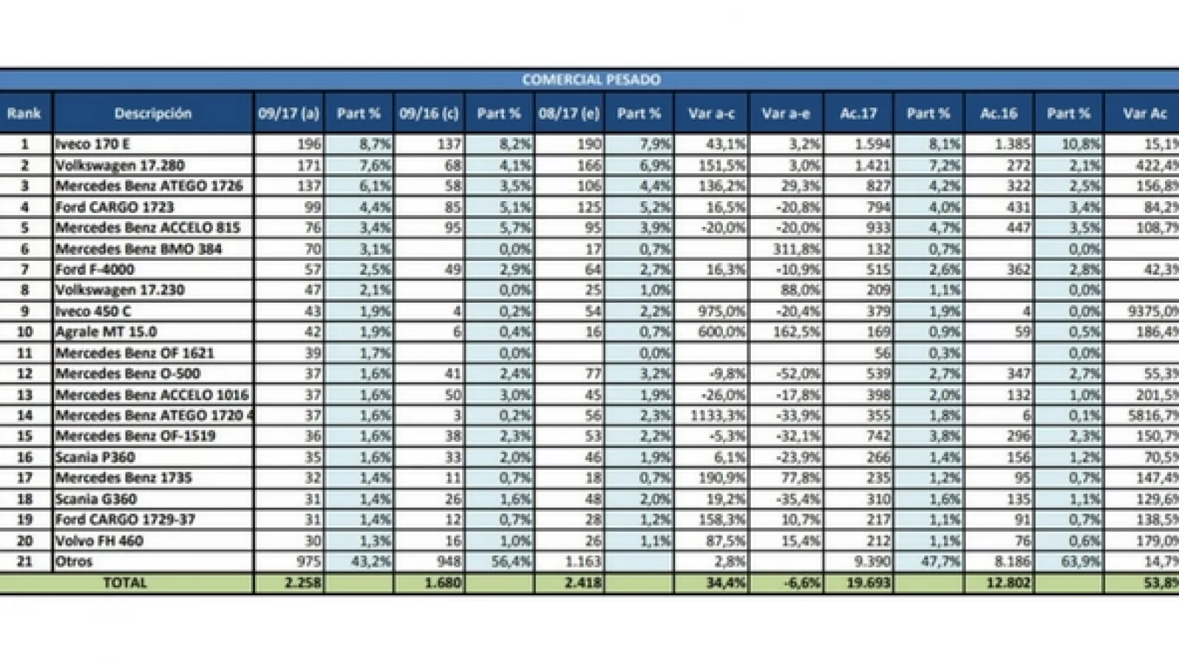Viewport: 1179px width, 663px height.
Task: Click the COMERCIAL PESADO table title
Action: [x=591, y=80]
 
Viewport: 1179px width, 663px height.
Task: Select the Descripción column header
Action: [x=153, y=113]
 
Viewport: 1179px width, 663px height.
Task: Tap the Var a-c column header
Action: [x=711, y=113]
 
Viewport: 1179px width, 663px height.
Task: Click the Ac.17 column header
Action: [x=858, y=113]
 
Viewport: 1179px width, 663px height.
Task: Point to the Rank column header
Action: [x=24, y=113]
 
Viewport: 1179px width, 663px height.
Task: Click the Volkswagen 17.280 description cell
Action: [x=119, y=165]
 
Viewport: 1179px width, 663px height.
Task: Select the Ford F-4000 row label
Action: [x=94, y=270]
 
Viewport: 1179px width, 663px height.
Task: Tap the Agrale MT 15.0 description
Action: [x=105, y=332]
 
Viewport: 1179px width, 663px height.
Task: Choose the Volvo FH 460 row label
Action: [x=99, y=541]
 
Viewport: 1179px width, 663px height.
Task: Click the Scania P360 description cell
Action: [x=95, y=457]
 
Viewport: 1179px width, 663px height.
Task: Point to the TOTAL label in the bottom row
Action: [x=125, y=583]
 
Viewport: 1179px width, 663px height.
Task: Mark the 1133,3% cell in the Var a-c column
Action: [x=719, y=415]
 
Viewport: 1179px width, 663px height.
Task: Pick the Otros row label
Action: [x=74, y=561]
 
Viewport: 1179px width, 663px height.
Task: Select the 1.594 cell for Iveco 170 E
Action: [x=872, y=144]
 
